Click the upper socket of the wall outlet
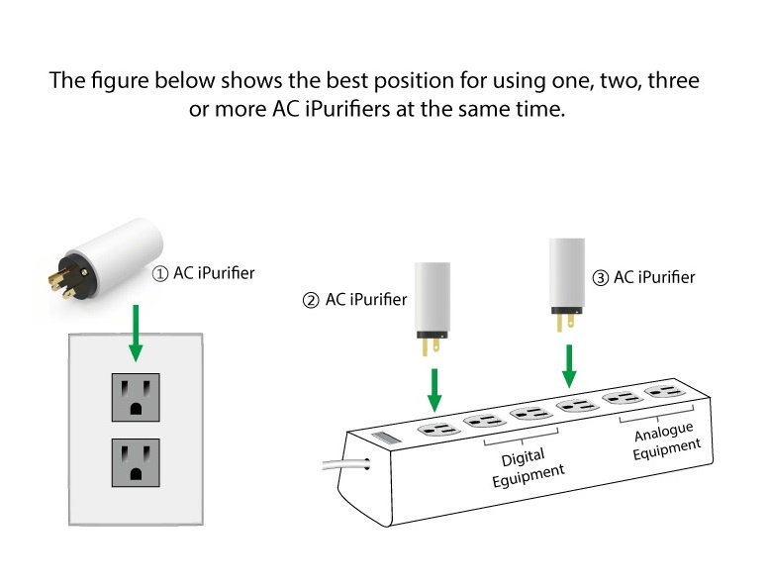pos(137,397)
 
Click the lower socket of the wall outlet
pos(137,461)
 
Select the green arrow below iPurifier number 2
pos(433,392)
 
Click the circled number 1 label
pos(159,273)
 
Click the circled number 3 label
pos(600,278)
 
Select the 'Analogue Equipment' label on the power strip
pos(665,439)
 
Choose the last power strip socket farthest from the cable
pos(665,392)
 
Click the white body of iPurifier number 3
pos(569,271)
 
